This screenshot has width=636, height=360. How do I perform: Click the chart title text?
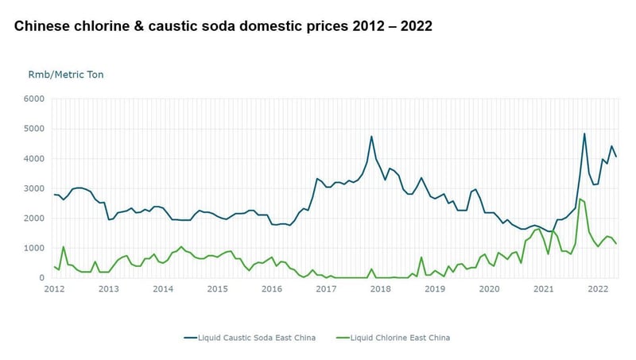[x=223, y=26]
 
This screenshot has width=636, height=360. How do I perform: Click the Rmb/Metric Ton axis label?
[x=66, y=75]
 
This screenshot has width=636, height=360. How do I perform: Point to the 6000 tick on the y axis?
[x=34, y=99]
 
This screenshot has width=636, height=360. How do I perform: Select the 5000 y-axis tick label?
[x=34, y=129]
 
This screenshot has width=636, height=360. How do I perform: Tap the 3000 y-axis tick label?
[x=34, y=188]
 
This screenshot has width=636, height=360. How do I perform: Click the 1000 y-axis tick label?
[x=34, y=248]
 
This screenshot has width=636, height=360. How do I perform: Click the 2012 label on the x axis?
[x=54, y=289]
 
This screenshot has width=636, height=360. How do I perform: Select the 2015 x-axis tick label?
[x=217, y=289]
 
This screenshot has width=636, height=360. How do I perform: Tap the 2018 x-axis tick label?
[x=380, y=289]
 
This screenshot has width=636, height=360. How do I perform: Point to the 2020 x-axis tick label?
[x=489, y=289]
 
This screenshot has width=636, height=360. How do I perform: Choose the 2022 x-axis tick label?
[x=598, y=289]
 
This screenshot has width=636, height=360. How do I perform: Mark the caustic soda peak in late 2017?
[x=371, y=137]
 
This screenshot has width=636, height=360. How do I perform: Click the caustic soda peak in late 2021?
[x=584, y=134]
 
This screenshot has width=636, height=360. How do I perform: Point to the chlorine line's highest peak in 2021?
[x=580, y=199]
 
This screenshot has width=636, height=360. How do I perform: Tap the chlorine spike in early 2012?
[x=64, y=247]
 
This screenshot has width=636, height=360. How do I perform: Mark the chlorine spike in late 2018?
[x=421, y=257]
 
